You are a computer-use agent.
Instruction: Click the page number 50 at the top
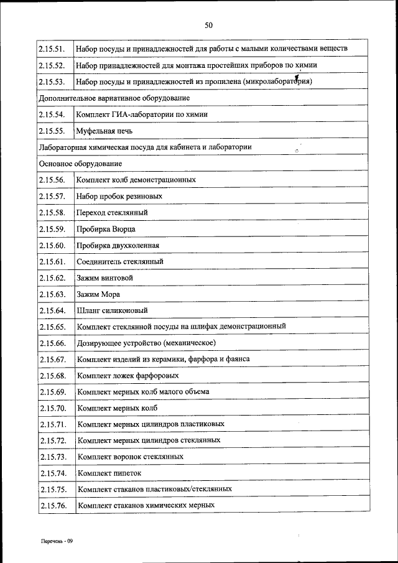click(x=208, y=26)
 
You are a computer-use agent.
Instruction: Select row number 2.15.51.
click(x=52, y=49)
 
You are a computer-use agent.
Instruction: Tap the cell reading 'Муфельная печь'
click(x=104, y=131)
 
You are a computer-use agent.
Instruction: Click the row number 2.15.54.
click(x=52, y=115)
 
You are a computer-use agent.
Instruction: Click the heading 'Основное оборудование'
click(x=80, y=164)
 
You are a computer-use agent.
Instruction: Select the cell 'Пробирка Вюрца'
click(x=106, y=229)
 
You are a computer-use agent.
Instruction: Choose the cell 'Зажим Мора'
click(x=98, y=294)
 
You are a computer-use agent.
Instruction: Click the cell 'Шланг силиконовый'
click(x=112, y=310)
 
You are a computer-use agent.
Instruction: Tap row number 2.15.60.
click(x=52, y=245)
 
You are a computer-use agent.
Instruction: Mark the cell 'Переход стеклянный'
click(x=112, y=213)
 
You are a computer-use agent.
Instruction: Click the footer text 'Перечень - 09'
click(x=57, y=541)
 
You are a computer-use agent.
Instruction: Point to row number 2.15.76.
click(x=52, y=506)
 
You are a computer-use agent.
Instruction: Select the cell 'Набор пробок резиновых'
click(x=119, y=197)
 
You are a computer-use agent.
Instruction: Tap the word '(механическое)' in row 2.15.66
click(x=190, y=343)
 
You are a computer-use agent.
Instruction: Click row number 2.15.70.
click(x=52, y=408)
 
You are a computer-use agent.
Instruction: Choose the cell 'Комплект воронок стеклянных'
click(x=130, y=457)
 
